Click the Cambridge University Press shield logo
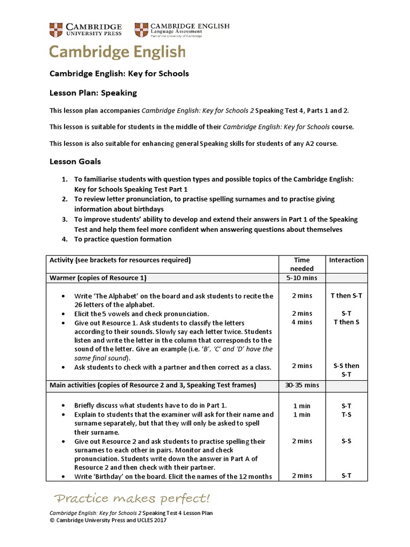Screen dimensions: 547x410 pyautogui.click(x=56, y=29)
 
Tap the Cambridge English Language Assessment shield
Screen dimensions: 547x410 pyautogui.click(x=141, y=29)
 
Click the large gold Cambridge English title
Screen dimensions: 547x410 pyautogui.click(x=117, y=52)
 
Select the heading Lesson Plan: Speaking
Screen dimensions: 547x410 pyautogui.click(x=93, y=93)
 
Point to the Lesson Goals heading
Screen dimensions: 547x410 pyautogui.click(x=75, y=161)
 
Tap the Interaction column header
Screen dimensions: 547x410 pyautogui.click(x=346, y=260)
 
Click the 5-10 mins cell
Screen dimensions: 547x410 pyautogui.click(x=302, y=278)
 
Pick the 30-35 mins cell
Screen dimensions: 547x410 pyautogui.click(x=302, y=385)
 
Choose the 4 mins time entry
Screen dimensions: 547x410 pyautogui.click(x=302, y=322)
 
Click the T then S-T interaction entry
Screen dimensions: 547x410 pyautogui.click(x=346, y=295)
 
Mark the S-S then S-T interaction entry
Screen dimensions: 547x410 pyautogui.click(x=346, y=370)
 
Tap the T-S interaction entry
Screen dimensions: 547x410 pyautogui.click(x=346, y=415)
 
